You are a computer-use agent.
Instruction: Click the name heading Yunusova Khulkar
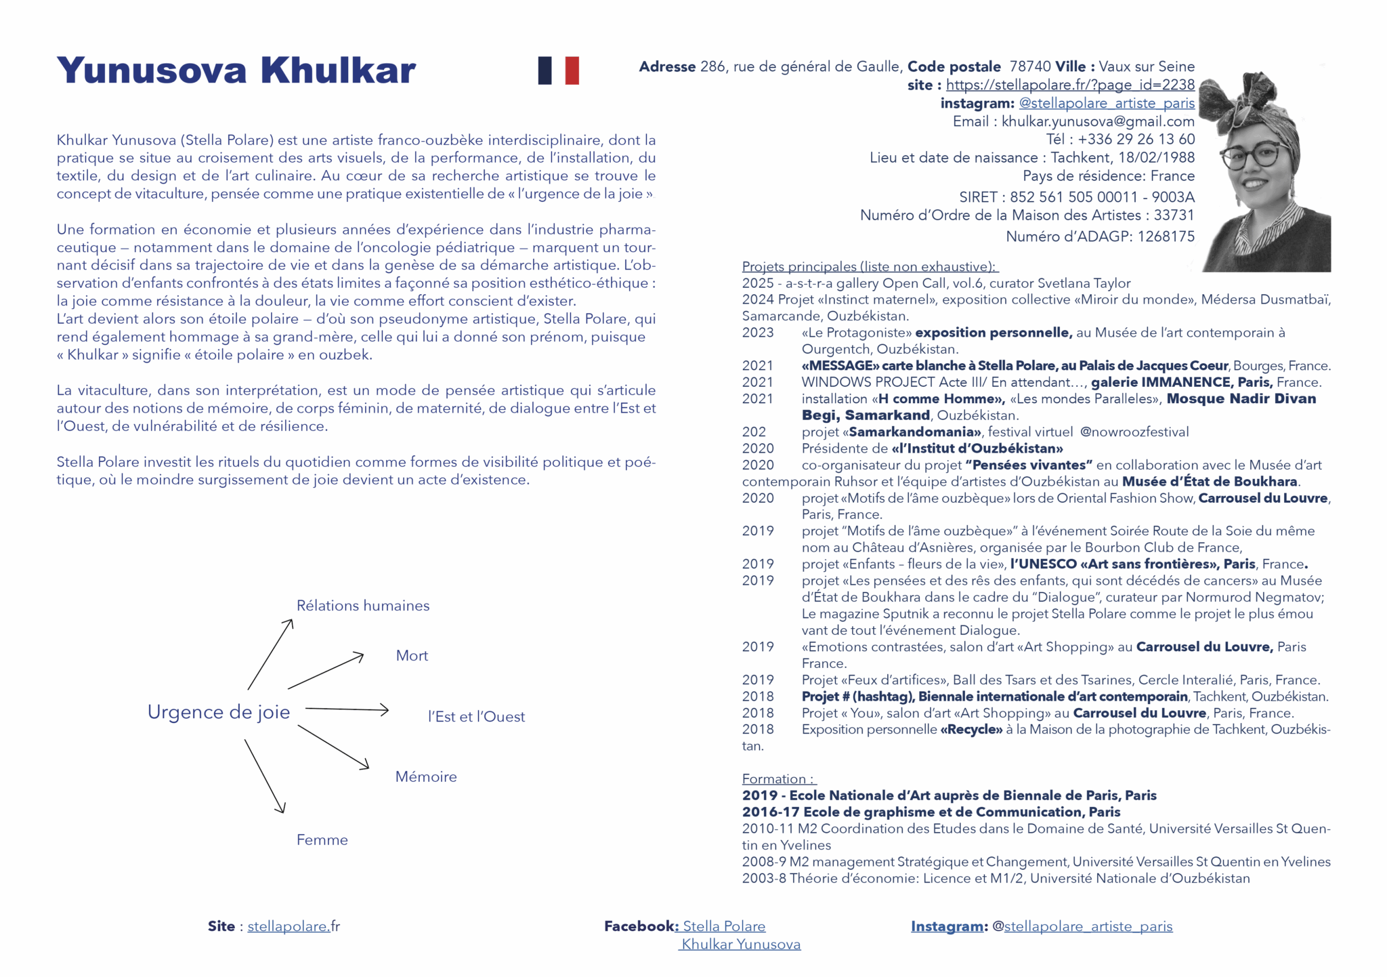(236, 70)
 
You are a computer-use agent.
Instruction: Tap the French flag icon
(558, 70)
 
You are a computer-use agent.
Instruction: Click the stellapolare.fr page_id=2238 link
(1070, 85)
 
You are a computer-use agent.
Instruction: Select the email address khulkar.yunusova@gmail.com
(1098, 121)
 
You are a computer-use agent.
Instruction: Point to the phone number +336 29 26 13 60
(1136, 139)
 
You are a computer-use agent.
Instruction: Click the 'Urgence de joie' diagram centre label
(219, 712)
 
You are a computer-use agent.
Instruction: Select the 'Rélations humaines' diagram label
(363, 606)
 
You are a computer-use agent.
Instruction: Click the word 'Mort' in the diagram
(412, 656)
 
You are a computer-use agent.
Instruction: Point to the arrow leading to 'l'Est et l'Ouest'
(347, 709)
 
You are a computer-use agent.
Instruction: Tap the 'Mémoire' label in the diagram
(426, 777)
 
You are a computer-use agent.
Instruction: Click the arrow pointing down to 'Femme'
(264, 776)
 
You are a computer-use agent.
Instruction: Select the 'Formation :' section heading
(779, 779)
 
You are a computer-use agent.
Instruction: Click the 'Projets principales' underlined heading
(869, 266)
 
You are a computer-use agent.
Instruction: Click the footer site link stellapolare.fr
(293, 926)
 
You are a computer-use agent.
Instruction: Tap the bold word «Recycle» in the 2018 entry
(971, 730)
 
